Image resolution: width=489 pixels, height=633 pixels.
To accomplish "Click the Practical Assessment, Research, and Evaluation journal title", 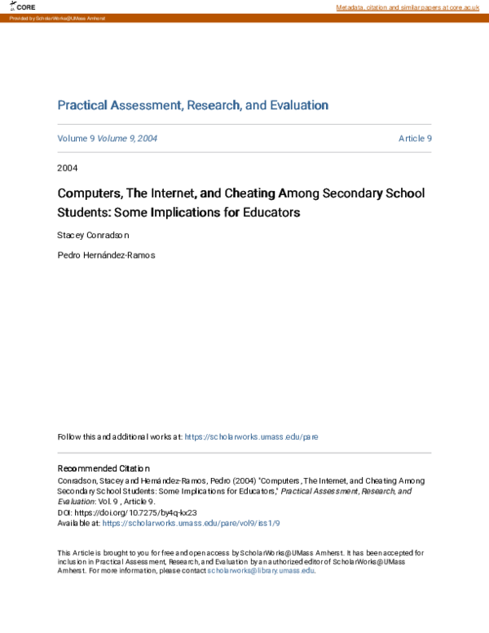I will pyautogui.click(x=192, y=105).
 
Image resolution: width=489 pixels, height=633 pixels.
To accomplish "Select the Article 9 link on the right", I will pyautogui.click(x=414, y=139).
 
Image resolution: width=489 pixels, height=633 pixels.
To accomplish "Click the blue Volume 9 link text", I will pyautogui.click(x=76, y=139).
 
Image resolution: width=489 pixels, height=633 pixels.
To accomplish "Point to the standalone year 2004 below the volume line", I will pyautogui.click(x=68, y=168).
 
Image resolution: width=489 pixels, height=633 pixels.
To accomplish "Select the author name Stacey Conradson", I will pyautogui.click(x=93, y=235).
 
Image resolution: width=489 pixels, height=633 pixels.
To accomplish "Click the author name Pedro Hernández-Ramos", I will pyautogui.click(x=106, y=255).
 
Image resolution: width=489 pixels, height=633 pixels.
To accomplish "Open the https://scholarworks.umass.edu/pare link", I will pyautogui.click(x=251, y=436).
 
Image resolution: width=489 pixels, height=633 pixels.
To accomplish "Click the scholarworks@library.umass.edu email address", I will pyautogui.click(x=261, y=570).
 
